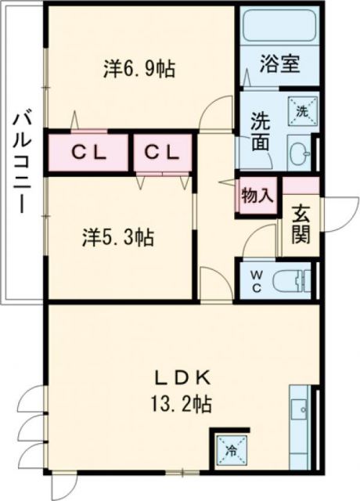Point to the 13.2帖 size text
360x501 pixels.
[182, 405]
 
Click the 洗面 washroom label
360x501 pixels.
[260, 132]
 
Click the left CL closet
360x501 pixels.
[88, 152]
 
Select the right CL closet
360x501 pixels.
[163, 152]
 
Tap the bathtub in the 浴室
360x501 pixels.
[279, 27]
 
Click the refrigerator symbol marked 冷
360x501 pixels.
[231, 450]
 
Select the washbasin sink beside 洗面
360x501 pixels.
[299, 152]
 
